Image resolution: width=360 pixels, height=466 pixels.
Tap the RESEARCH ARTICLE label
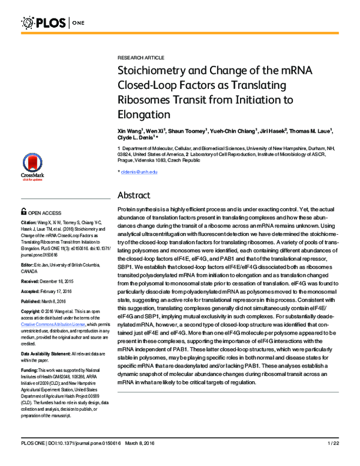(140, 58)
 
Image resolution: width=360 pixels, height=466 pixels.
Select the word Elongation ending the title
(144, 113)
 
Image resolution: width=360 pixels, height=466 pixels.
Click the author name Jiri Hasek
(272, 130)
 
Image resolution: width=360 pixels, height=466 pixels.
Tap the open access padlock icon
(23, 212)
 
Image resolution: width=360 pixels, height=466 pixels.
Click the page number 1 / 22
(333, 459)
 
